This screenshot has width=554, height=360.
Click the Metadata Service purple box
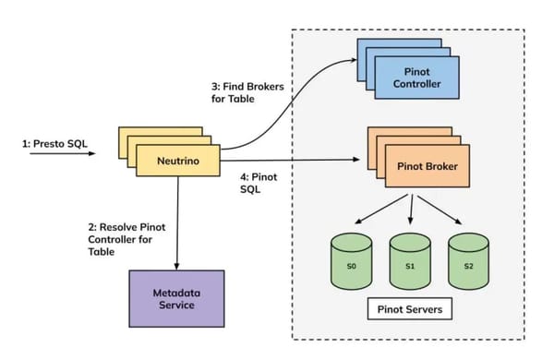pos(175,298)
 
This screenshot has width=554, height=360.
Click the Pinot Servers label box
pos(409,308)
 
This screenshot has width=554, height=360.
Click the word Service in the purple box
pos(175,306)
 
